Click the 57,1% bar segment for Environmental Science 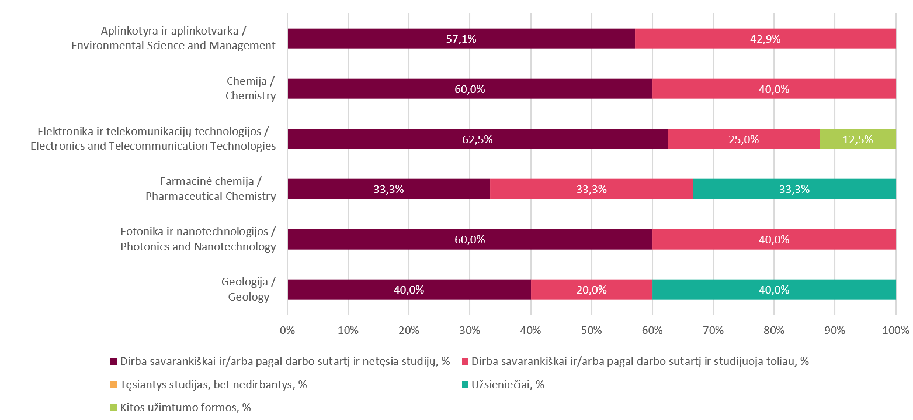point(461,39)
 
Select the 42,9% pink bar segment point(765,39)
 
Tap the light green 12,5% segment point(858,139)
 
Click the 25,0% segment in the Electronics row point(743,139)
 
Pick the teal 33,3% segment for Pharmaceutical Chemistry point(794,189)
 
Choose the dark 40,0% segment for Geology point(409,290)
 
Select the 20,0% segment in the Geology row point(591,290)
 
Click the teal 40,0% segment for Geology point(774,290)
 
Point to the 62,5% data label point(477,139)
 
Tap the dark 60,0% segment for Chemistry point(470,89)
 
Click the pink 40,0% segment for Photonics point(774,239)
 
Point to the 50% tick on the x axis point(591,330)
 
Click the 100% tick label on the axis point(895,330)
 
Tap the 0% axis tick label point(287,330)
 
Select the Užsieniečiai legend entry point(508,384)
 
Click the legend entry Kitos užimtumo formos point(185,407)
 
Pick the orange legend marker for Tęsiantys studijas point(114,384)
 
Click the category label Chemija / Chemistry point(251,88)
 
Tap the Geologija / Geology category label point(248,290)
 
